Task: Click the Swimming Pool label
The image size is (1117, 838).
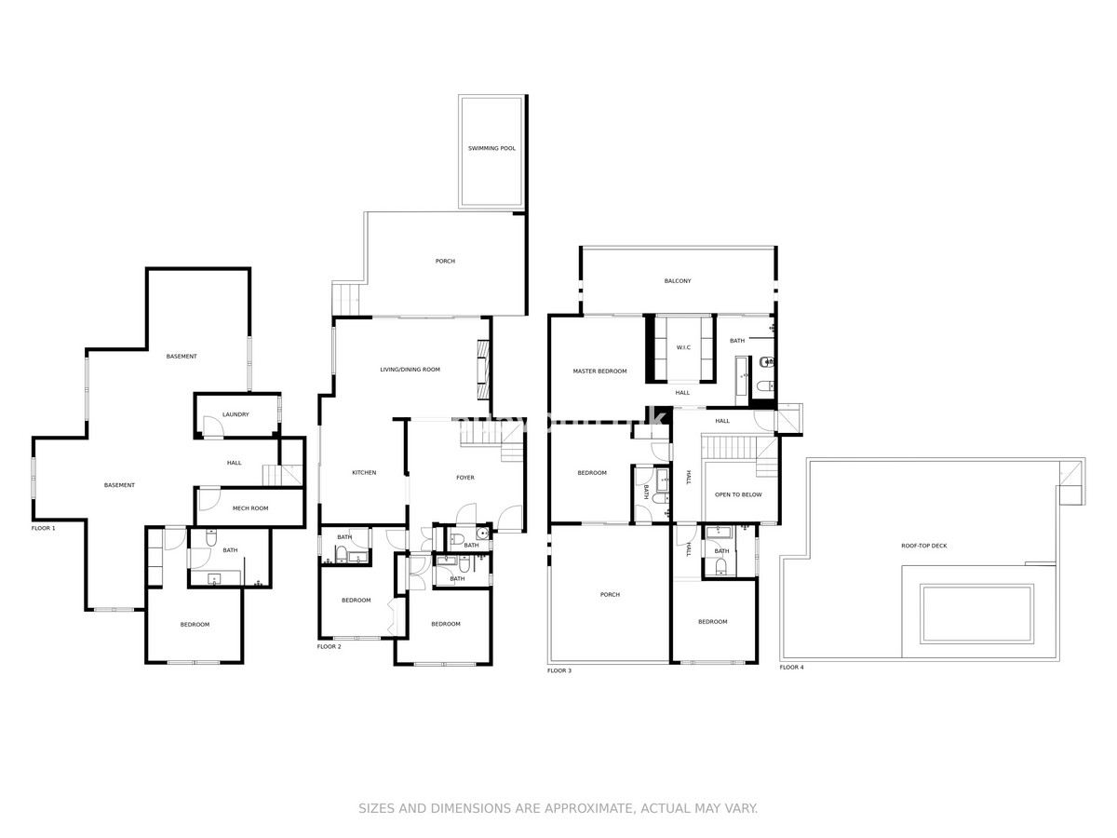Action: (491, 149)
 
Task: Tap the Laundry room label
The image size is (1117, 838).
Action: (236, 414)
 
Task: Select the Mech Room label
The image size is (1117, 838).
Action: (250, 508)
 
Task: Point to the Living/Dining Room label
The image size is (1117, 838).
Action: (410, 370)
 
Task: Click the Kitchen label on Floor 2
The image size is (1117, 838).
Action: (364, 473)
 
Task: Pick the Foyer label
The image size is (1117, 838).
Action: (464, 478)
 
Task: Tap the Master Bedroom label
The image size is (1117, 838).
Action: (599, 372)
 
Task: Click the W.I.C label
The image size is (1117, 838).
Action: (683, 348)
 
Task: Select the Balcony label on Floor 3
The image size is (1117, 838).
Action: (678, 281)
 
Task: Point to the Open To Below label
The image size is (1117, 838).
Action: (738, 494)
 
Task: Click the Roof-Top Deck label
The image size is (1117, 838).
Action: (924, 546)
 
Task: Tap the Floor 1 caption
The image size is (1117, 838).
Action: (44, 528)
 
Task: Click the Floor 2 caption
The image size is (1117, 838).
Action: (330, 646)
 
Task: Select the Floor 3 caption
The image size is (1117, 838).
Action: (559, 670)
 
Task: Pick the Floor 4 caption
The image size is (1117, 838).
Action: (791, 667)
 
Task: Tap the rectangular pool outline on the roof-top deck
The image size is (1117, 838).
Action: (976, 614)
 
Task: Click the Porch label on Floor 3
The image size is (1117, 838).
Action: (610, 595)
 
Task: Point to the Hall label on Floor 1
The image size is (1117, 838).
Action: (235, 463)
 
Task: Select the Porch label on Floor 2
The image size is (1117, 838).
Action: (445, 262)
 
